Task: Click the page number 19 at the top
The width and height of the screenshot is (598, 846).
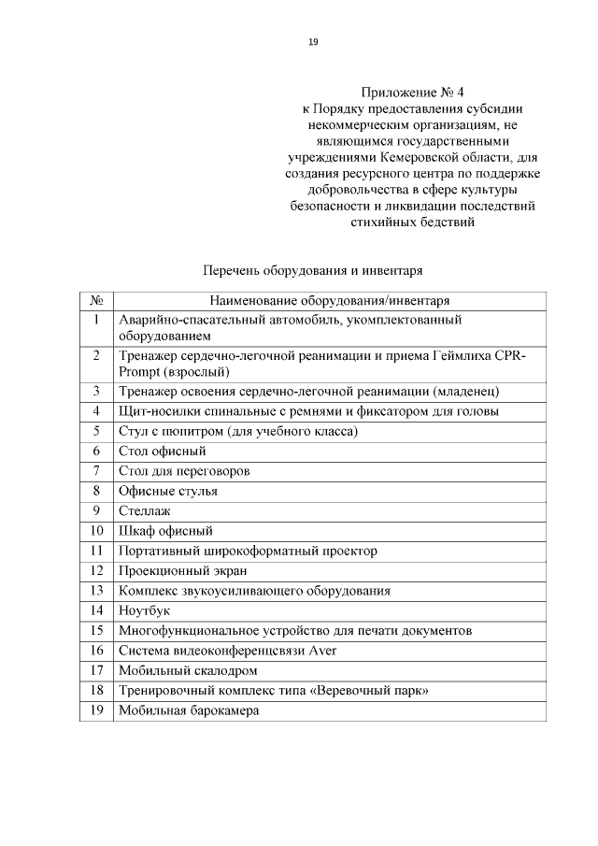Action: (313, 41)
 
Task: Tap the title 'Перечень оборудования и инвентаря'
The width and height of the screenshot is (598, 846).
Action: (313, 271)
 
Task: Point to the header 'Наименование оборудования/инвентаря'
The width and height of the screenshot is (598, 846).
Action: (330, 301)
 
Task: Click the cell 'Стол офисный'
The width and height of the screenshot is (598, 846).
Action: (156, 451)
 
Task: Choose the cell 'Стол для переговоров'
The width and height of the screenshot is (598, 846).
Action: (184, 470)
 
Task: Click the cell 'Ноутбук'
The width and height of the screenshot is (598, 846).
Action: (144, 610)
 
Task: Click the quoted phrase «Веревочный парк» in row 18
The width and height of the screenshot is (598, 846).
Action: (373, 691)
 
